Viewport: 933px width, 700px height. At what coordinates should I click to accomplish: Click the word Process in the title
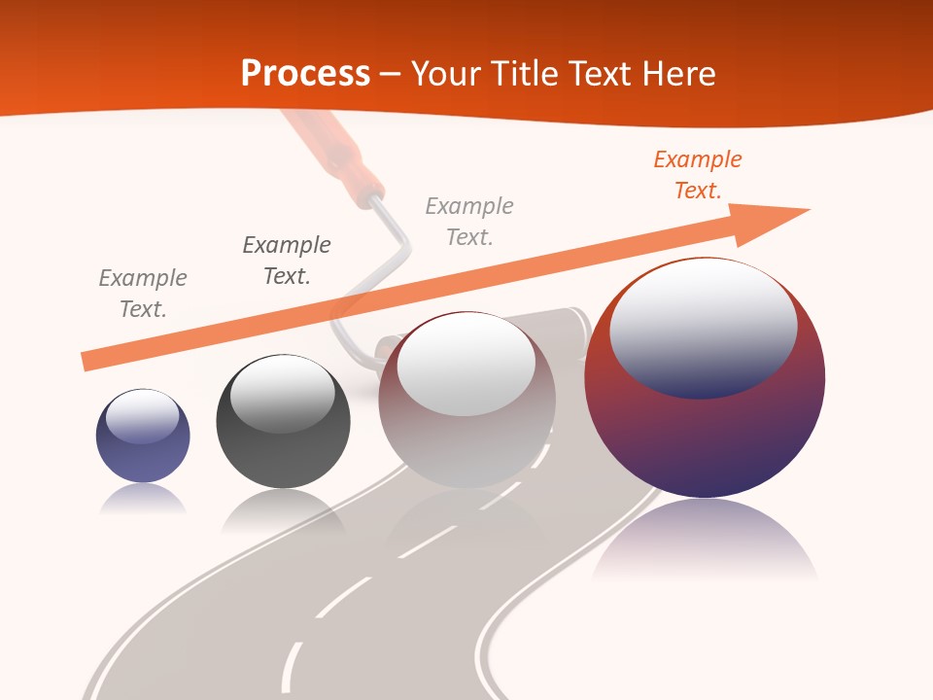pos(305,73)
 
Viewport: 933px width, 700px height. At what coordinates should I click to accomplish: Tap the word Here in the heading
pos(678,73)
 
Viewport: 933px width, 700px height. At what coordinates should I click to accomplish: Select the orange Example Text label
pos(697,175)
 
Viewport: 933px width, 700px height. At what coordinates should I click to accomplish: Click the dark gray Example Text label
pos(287,261)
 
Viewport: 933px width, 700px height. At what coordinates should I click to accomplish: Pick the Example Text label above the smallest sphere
pos(143,294)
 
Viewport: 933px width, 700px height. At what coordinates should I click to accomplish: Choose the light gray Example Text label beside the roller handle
pos(469,222)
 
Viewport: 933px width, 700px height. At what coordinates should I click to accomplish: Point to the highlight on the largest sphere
pos(703,326)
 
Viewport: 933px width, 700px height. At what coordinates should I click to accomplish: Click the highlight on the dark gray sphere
pos(282,394)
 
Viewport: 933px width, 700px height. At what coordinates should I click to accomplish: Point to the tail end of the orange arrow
pos(87,361)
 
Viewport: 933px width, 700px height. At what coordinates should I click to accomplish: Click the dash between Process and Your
pos(390,74)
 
